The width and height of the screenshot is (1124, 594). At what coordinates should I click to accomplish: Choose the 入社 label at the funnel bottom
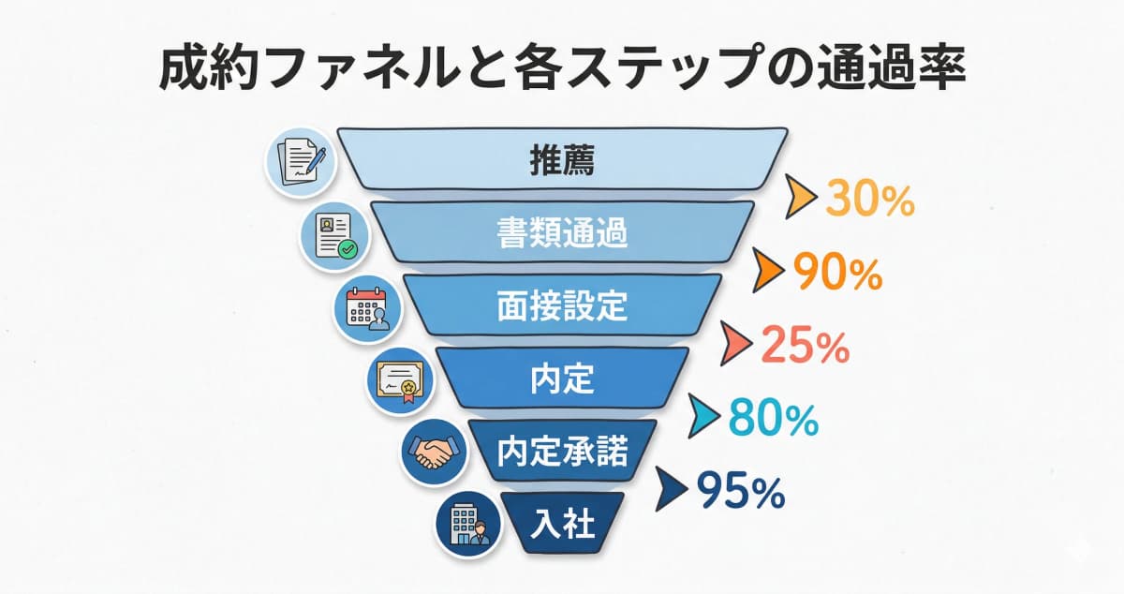coord(562,523)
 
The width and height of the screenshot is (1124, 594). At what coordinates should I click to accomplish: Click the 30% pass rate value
coord(868,200)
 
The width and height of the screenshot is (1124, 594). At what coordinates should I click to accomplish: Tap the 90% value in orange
coord(836,272)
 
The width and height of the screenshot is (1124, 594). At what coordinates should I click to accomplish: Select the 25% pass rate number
coord(805,347)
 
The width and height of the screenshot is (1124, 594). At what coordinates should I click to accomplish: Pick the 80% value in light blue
coord(773,420)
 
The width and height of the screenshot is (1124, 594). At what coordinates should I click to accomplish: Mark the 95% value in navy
coord(740,492)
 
